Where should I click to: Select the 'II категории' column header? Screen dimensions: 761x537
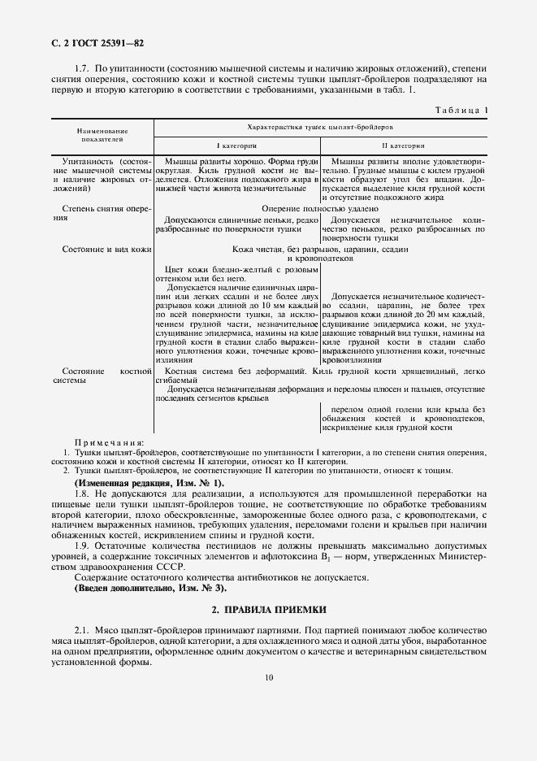[x=403, y=146]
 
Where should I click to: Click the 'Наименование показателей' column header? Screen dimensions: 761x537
[x=102, y=134]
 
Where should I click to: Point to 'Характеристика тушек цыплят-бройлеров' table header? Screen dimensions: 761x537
[x=320, y=128]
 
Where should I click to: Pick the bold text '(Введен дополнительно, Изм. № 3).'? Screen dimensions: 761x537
[x=151, y=588]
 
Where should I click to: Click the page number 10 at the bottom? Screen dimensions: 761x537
[x=268, y=676]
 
